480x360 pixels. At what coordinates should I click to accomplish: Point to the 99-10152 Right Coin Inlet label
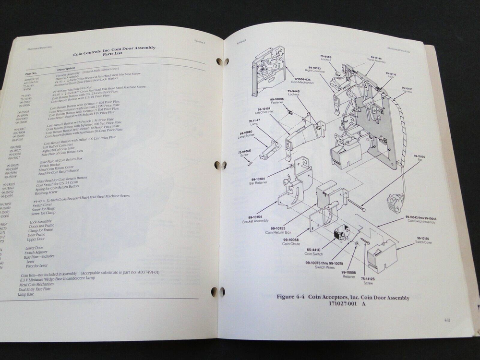click(x=324, y=71)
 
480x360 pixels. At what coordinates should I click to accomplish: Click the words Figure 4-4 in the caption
click(x=293, y=298)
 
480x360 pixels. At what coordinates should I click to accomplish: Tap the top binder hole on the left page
click(x=220, y=62)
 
